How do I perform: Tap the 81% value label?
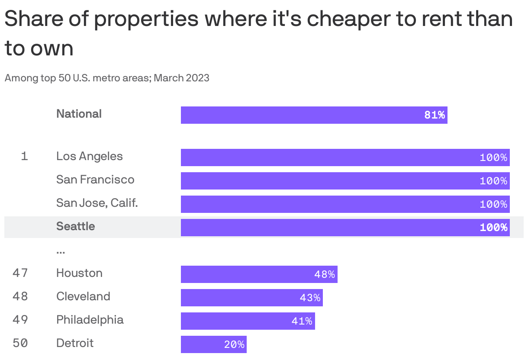point(435,115)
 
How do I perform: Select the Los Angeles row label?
point(90,156)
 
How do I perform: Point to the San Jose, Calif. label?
point(97,202)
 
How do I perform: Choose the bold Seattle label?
point(76,226)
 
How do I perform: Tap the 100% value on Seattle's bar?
point(493,228)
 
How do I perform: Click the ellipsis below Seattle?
point(61,251)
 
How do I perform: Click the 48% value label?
point(325,275)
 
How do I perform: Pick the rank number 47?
point(20,273)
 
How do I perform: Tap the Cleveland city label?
point(83,296)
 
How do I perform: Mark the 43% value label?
point(310,298)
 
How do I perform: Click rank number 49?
point(20,320)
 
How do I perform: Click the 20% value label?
point(234,345)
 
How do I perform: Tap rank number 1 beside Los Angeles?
point(25,156)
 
